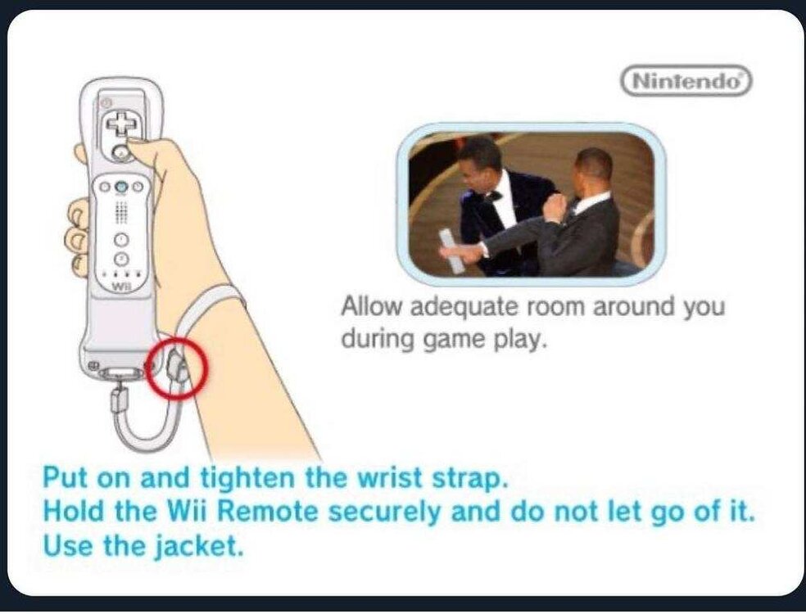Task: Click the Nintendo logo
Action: [x=686, y=81]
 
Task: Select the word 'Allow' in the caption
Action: [x=372, y=307]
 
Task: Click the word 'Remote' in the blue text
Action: [x=268, y=511]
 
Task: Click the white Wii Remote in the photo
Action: [x=451, y=251]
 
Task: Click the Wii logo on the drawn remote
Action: [x=120, y=287]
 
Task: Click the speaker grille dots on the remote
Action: [x=121, y=211]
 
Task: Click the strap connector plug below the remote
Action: [x=120, y=399]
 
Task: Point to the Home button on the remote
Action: [x=120, y=186]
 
